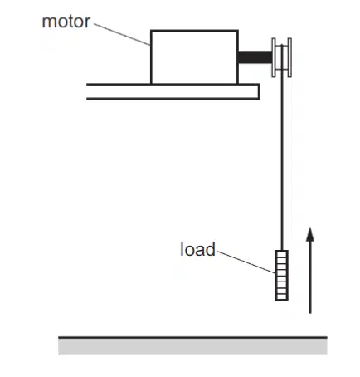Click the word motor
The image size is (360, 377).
click(x=66, y=22)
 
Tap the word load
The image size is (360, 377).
click(x=197, y=249)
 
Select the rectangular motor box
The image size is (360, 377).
click(x=194, y=57)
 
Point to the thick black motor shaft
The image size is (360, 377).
click(x=255, y=57)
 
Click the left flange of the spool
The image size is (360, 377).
click(x=274, y=57)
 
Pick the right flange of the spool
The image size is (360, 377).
click(x=289, y=57)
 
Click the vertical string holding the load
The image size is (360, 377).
click(x=282, y=147)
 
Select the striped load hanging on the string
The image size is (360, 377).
click(x=282, y=276)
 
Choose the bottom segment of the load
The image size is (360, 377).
click(x=282, y=297)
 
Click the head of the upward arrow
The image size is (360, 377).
click(x=310, y=234)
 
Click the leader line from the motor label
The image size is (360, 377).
click(x=122, y=34)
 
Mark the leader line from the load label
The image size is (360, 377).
click(x=246, y=262)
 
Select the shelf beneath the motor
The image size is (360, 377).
click(x=173, y=91)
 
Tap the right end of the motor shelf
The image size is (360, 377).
click(x=259, y=91)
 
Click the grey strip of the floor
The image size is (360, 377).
click(x=192, y=346)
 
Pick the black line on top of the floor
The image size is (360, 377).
click(x=192, y=338)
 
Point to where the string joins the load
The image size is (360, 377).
click(x=282, y=251)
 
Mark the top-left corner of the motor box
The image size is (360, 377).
click(x=151, y=30)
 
